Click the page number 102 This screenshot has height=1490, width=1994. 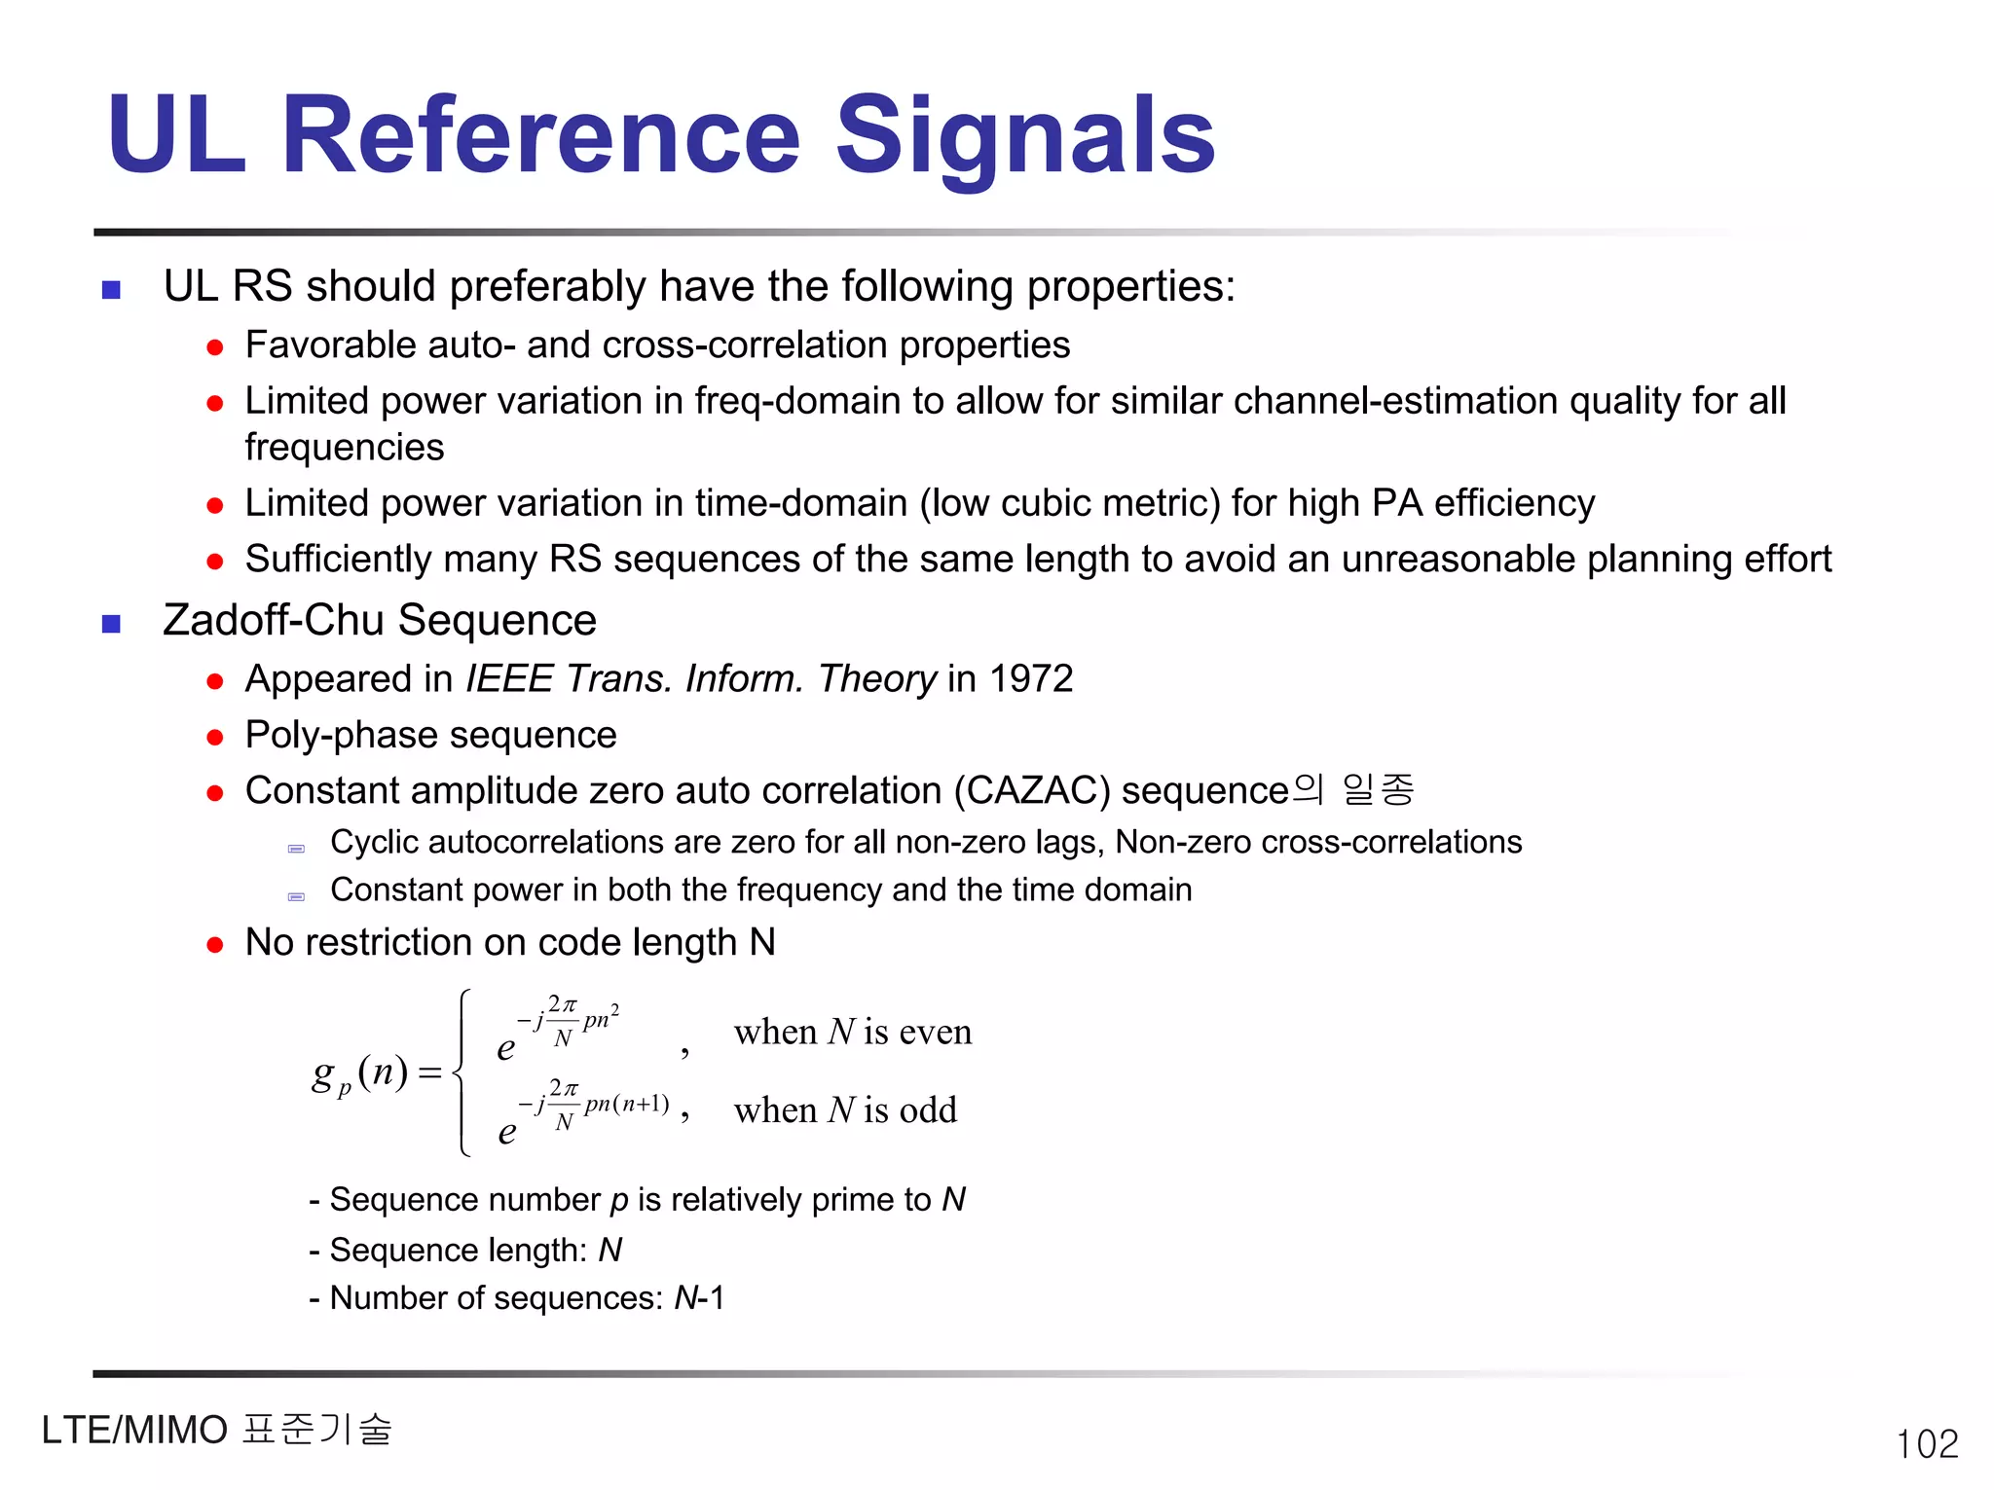pyautogui.click(x=1927, y=1443)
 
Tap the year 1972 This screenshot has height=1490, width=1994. pyautogui.click(x=1031, y=678)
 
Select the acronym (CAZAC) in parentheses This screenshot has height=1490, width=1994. pyautogui.click(x=1032, y=790)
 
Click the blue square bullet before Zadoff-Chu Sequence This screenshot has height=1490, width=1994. pyautogui.click(x=112, y=624)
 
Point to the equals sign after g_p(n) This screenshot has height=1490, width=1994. pyautogui.click(x=429, y=1072)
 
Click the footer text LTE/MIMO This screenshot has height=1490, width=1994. pyautogui.click(x=134, y=1431)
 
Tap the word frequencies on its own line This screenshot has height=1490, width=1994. pyautogui.click(x=345, y=448)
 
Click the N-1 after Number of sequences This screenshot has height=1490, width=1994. pyautogui.click(x=699, y=1298)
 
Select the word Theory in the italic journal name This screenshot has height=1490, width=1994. pyautogui.click(x=877, y=678)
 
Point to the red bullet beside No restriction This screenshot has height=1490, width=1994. pyautogui.click(x=215, y=945)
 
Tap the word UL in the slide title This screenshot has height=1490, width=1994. pyautogui.click(x=176, y=136)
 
